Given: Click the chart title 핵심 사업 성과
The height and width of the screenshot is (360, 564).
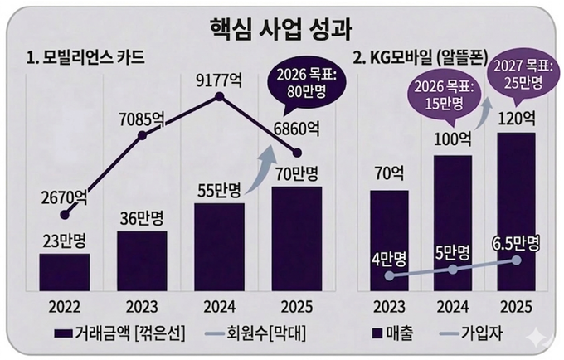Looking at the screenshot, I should tap(282, 28).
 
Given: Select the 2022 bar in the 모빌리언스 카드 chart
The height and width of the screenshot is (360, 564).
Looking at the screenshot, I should tap(64, 271).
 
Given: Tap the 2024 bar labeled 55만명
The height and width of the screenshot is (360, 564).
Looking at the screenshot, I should tap(219, 246).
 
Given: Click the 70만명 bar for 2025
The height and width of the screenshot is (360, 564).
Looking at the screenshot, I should tap(297, 237).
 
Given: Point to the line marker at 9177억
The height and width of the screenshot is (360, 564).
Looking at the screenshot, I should tap(220, 97).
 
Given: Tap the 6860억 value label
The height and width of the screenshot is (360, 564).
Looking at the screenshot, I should tap(295, 129).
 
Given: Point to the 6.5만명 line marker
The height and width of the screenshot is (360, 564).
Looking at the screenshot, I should tap(517, 260).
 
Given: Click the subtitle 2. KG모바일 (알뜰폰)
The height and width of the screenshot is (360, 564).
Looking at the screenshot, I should tap(422, 59).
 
